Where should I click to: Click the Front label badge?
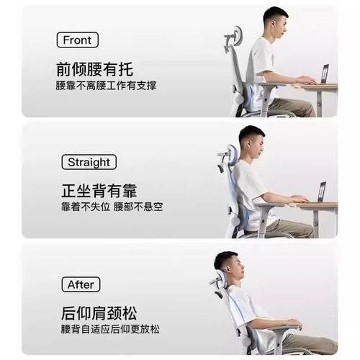(x=77, y=40)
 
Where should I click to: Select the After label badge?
(x=81, y=284)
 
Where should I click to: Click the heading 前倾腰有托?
(x=94, y=70)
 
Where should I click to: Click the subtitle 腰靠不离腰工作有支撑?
(x=106, y=86)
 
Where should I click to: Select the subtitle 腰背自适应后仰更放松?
(x=109, y=330)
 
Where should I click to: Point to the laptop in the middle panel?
(x=321, y=192)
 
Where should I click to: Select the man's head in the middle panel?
(x=251, y=142)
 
